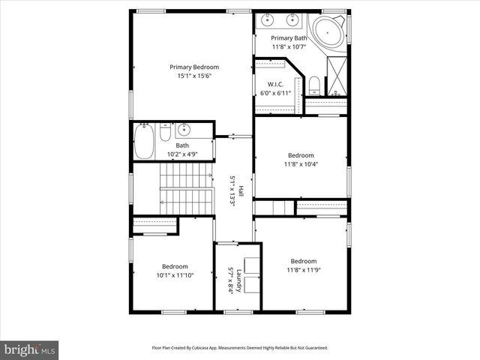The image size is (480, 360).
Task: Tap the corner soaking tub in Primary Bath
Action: tap(327, 33)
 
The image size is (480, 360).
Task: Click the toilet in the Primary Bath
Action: tap(314, 84)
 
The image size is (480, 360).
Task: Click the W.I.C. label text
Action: tap(276, 84)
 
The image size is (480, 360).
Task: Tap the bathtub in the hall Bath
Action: tap(144, 140)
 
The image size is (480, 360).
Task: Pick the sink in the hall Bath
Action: tap(184, 130)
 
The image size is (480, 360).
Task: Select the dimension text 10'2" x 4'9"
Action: tap(183, 154)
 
